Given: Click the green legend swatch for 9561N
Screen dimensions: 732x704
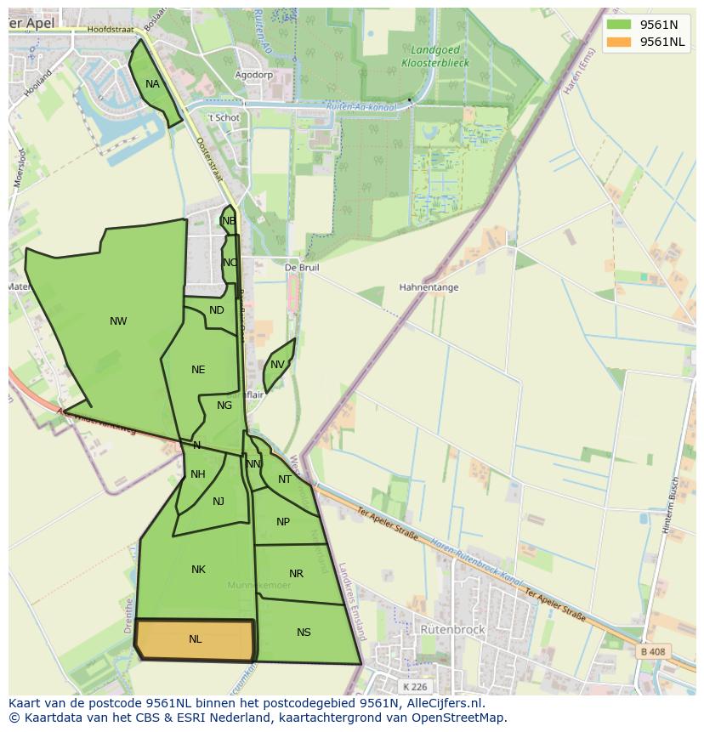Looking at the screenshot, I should [x=619, y=25].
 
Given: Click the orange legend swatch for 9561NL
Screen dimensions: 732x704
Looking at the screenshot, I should [x=619, y=42].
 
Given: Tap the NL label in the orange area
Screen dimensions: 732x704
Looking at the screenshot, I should [x=196, y=639].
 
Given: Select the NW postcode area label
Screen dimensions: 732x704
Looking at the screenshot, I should [x=118, y=321].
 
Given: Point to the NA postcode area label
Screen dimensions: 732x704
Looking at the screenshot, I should [x=152, y=84].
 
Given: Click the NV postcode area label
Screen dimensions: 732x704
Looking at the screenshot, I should [x=277, y=365].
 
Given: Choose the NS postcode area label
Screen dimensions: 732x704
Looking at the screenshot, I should [x=304, y=633].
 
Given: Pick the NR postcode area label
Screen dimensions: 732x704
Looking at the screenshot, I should [x=296, y=574].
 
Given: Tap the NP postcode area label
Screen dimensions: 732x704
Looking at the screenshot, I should [x=283, y=522].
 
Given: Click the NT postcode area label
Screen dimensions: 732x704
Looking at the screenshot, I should [x=285, y=479].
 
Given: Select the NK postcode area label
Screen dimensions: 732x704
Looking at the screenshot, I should [x=198, y=570].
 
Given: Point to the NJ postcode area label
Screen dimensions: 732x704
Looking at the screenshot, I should [x=219, y=502].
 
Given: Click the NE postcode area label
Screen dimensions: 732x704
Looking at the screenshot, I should [x=198, y=370].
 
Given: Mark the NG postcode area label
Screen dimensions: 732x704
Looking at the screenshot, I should [x=224, y=406].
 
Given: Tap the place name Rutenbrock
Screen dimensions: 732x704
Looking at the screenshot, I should [x=453, y=630].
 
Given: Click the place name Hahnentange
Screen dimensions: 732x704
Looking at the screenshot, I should [x=429, y=287].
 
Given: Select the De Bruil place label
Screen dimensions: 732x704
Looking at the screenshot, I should [x=302, y=267].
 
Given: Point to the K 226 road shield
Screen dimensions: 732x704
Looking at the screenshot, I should [x=416, y=686].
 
